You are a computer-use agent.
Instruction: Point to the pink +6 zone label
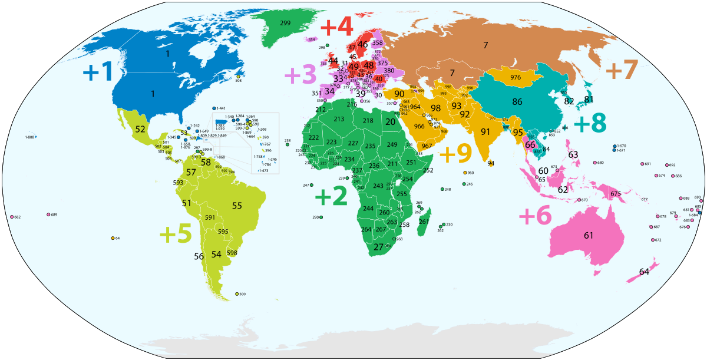click(535, 216)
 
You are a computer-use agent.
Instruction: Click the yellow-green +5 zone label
click(176, 234)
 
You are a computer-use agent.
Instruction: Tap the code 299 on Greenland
click(285, 22)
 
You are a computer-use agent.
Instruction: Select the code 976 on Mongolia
click(516, 78)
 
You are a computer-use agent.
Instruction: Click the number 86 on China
click(517, 102)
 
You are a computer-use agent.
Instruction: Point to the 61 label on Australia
click(588, 236)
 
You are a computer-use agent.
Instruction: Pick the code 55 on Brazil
click(237, 206)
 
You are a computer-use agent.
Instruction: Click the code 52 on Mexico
click(140, 128)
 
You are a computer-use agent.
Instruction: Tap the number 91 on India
click(485, 131)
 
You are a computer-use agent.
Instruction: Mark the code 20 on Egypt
click(391, 122)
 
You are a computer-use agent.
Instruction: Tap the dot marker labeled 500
click(237, 294)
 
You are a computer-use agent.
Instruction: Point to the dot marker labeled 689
click(48, 214)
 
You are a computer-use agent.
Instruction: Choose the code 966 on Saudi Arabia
click(419, 127)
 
